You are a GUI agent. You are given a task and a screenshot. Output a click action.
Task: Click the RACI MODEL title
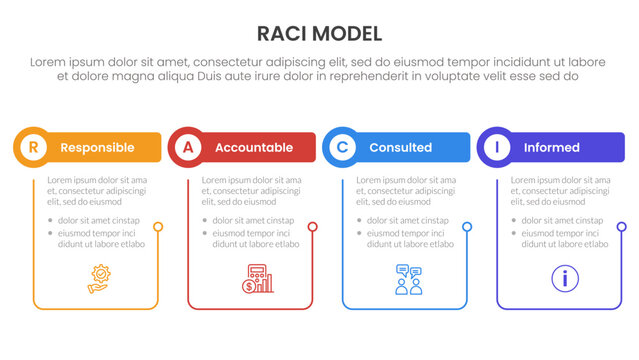pyautogui.click(x=319, y=33)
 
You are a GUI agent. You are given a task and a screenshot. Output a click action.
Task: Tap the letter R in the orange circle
pyautogui.click(x=33, y=147)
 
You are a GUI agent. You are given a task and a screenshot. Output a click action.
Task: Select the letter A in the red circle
pyautogui.click(x=187, y=147)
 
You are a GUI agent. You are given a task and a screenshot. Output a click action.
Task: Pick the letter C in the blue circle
pyautogui.click(x=342, y=147)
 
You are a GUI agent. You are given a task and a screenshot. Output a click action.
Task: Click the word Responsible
pyautogui.click(x=97, y=147)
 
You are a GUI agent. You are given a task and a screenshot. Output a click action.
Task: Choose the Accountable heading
pyautogui.click(x=254, y=147)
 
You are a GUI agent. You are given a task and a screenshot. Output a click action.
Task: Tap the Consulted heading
pyautogui.click(x=400, y=147)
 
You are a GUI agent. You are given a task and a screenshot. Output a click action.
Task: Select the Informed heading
pyautogui.click(x=551, y=147)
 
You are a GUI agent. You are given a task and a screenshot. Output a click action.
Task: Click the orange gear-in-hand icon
pyautogui.click(x=100, y=278)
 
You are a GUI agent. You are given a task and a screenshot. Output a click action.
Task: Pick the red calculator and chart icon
pyautogui.click(x=256, y=278)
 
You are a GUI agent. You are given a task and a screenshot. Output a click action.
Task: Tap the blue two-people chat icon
pyautogui.click(x=409, y=278)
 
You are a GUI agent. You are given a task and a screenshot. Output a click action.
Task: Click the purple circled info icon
pyautogui.click(x=565, y=278)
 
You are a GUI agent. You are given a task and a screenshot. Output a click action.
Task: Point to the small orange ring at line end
pyautogui.click(x=158, y=227)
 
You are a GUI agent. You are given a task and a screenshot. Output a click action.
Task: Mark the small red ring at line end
pyautogui.click(x=313, y=227)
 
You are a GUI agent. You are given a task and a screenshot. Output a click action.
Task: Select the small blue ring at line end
pyautogui.click(x=467, y=227)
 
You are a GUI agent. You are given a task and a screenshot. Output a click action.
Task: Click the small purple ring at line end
pyautogui.click(x=622, y=227)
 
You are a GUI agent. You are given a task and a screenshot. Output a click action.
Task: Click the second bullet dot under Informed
pyautogui.click(x=515, y=233)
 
